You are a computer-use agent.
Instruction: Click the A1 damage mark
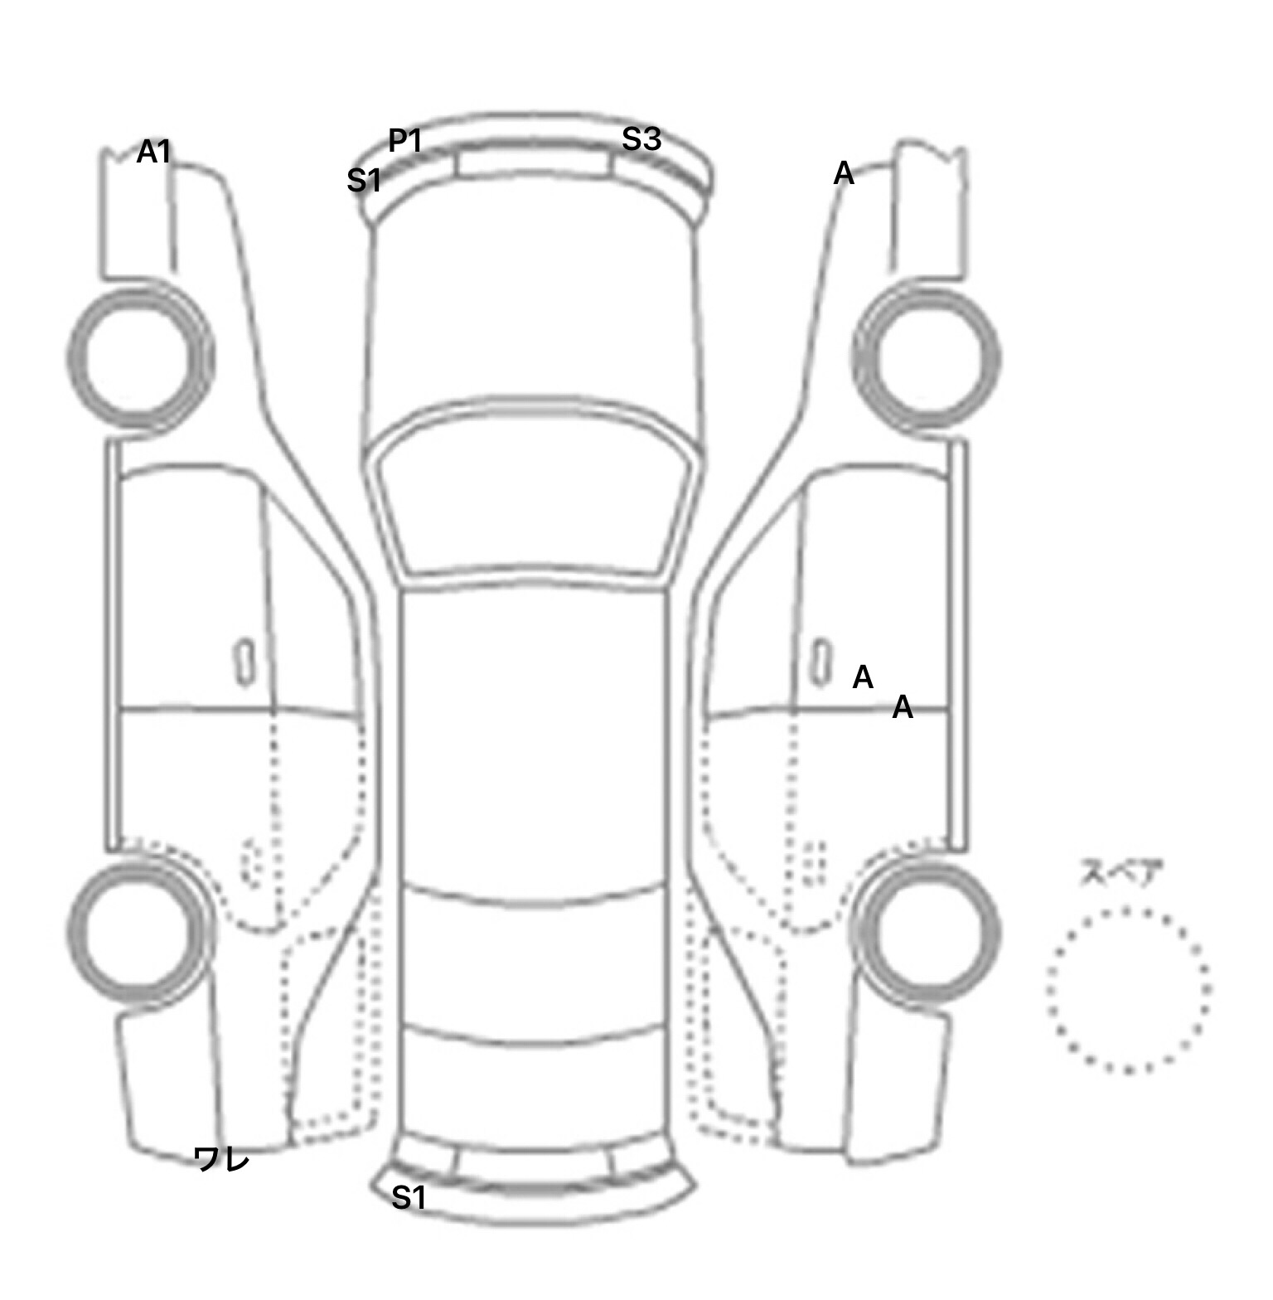click(153, 152)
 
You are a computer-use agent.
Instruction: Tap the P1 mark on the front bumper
click(406, 142)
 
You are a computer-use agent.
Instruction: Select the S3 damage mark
click(641, 139)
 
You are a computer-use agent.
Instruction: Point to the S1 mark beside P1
click(365, 180)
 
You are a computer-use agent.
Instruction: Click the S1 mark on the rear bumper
click(409, 1197)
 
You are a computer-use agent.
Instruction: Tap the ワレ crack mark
click(221, 1158)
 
